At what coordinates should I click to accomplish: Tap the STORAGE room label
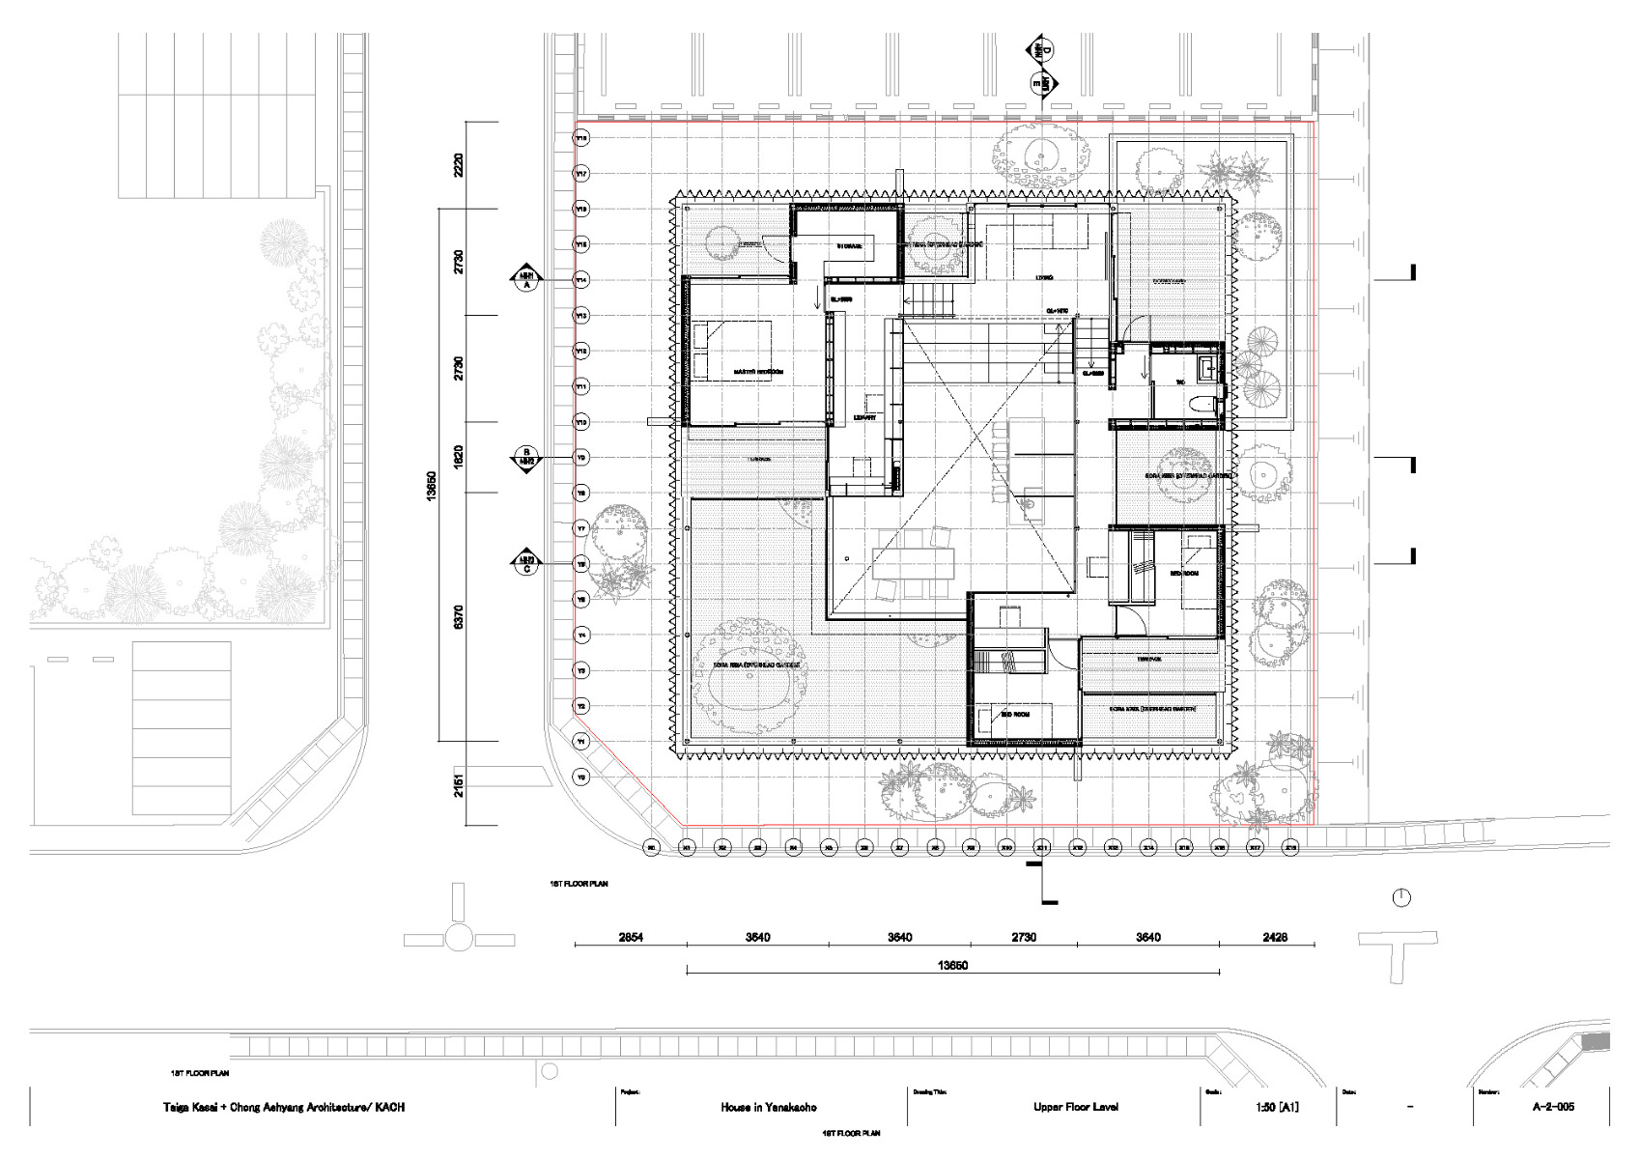pyautogui.click(x=849, y=246)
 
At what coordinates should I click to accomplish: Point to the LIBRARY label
pyautogui.click(x=864, y=417)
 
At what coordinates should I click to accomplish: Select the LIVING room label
pyautogui.click(x=1044, y=277)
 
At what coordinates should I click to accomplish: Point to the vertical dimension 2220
pyautogui.click(x=459, y=165)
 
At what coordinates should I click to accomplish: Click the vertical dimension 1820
pyautogui.click(x=459, y=457)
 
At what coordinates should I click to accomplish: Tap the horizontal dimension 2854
pyautogui.click(x=631, y=937)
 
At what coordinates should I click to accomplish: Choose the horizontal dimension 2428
pyautogui.click(x=1266, y=937)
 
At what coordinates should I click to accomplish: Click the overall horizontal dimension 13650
pyautogui.click(x=952, y=965)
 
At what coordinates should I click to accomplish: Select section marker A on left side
pyautogui.click(x=526, y=279)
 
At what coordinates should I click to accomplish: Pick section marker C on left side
pyautogui.click(x=526, y=563)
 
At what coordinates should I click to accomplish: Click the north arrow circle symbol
pyautogui.click(x=1400, y=899)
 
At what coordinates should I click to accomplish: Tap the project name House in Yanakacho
pyautogui.click(x=768, y=1108)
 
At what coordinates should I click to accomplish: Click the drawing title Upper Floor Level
pyautogui.click(x=1075, y=1107)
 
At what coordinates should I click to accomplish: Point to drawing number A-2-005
pyautogui.click(x=1545, y=1107)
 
